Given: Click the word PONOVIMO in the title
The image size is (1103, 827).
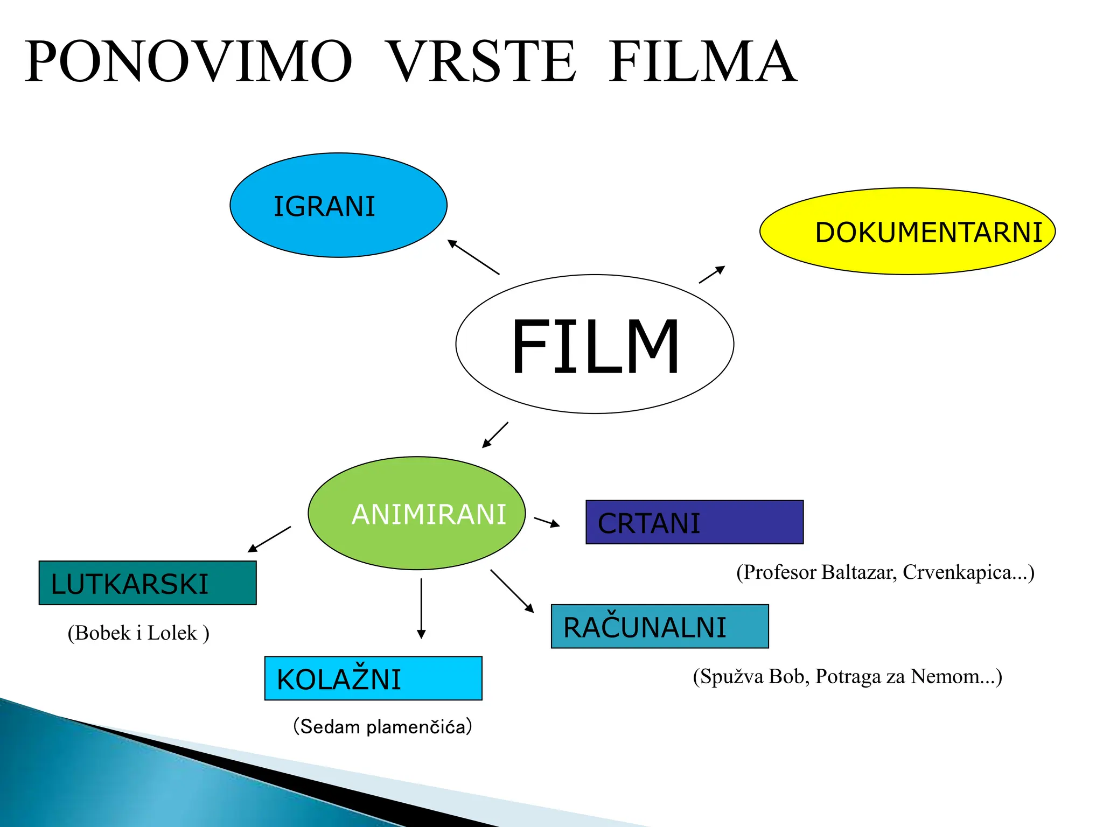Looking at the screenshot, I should tap(189, 61).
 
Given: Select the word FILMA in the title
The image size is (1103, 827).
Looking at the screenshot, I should tap(702, 61).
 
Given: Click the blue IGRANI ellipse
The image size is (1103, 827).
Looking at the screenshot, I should tap(338, 205).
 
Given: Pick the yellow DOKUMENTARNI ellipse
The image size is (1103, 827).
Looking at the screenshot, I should tap(907, 232).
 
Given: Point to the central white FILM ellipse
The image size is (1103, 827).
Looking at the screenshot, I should tap(595, 344).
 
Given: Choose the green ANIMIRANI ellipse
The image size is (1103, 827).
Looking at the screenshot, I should tap(416, 513).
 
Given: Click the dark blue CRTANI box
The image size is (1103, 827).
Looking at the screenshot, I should tap(694, 522).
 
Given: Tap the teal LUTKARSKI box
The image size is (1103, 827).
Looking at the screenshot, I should tap(148, 583).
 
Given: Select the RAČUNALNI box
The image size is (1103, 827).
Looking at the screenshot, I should tap(660, 626).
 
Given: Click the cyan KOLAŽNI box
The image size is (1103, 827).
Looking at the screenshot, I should tap(373, 678).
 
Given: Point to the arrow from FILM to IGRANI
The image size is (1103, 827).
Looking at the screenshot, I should tap(473, 257).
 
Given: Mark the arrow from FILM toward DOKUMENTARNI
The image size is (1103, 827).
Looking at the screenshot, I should tap(712, 274).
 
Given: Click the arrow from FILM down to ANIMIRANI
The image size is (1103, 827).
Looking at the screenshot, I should tap(495, 435).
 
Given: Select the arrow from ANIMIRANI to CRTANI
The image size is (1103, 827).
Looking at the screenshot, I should tap(547, 522).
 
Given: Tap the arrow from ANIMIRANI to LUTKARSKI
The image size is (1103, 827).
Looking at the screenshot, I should tap(269, 539).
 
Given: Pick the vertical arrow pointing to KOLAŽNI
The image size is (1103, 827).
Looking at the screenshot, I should tap(421, 608).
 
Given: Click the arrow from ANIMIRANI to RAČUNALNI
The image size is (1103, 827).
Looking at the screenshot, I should tap(512, 591).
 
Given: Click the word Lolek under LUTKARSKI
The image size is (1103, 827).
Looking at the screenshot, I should tap(172, 633).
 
